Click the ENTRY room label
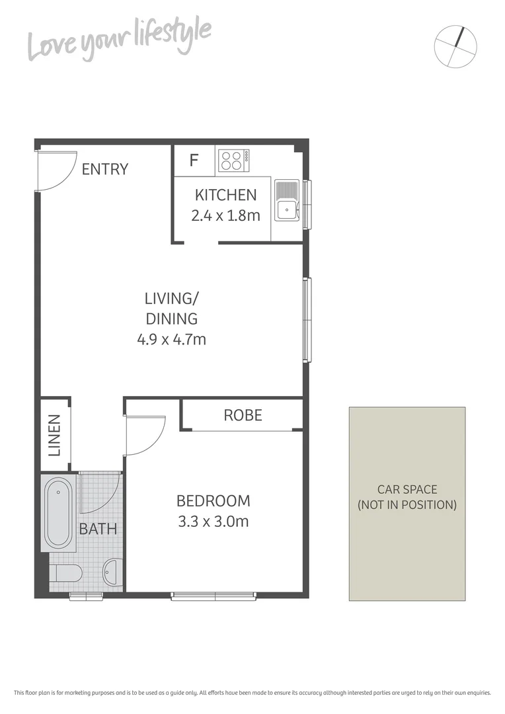(104, 169)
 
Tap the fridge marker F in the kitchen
(194, 161)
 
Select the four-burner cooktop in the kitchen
(233, 161)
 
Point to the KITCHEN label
(225, 195)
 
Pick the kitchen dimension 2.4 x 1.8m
(225, 215)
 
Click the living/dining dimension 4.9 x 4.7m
(171, 340)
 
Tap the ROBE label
(243, 415)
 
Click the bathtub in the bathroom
(58, 512)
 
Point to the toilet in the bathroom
(65, 573)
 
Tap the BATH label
(98, 529)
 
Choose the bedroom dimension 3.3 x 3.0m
(213, 522)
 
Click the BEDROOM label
(213, 501)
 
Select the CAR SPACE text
(407, 490)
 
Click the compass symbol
(455, 46)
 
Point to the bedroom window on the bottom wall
(214, 596)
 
